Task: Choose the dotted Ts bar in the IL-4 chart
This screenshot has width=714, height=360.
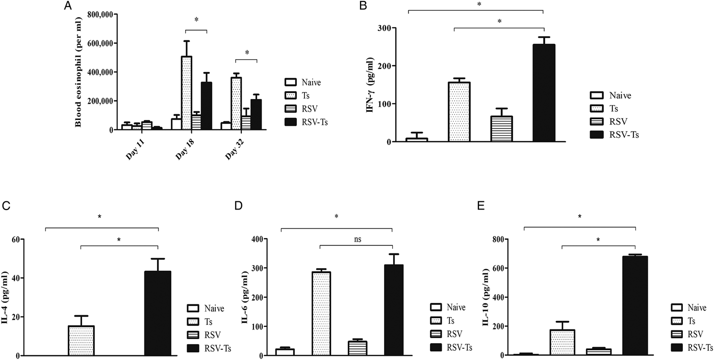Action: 81,341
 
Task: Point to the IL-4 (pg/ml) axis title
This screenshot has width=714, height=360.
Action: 7,297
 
